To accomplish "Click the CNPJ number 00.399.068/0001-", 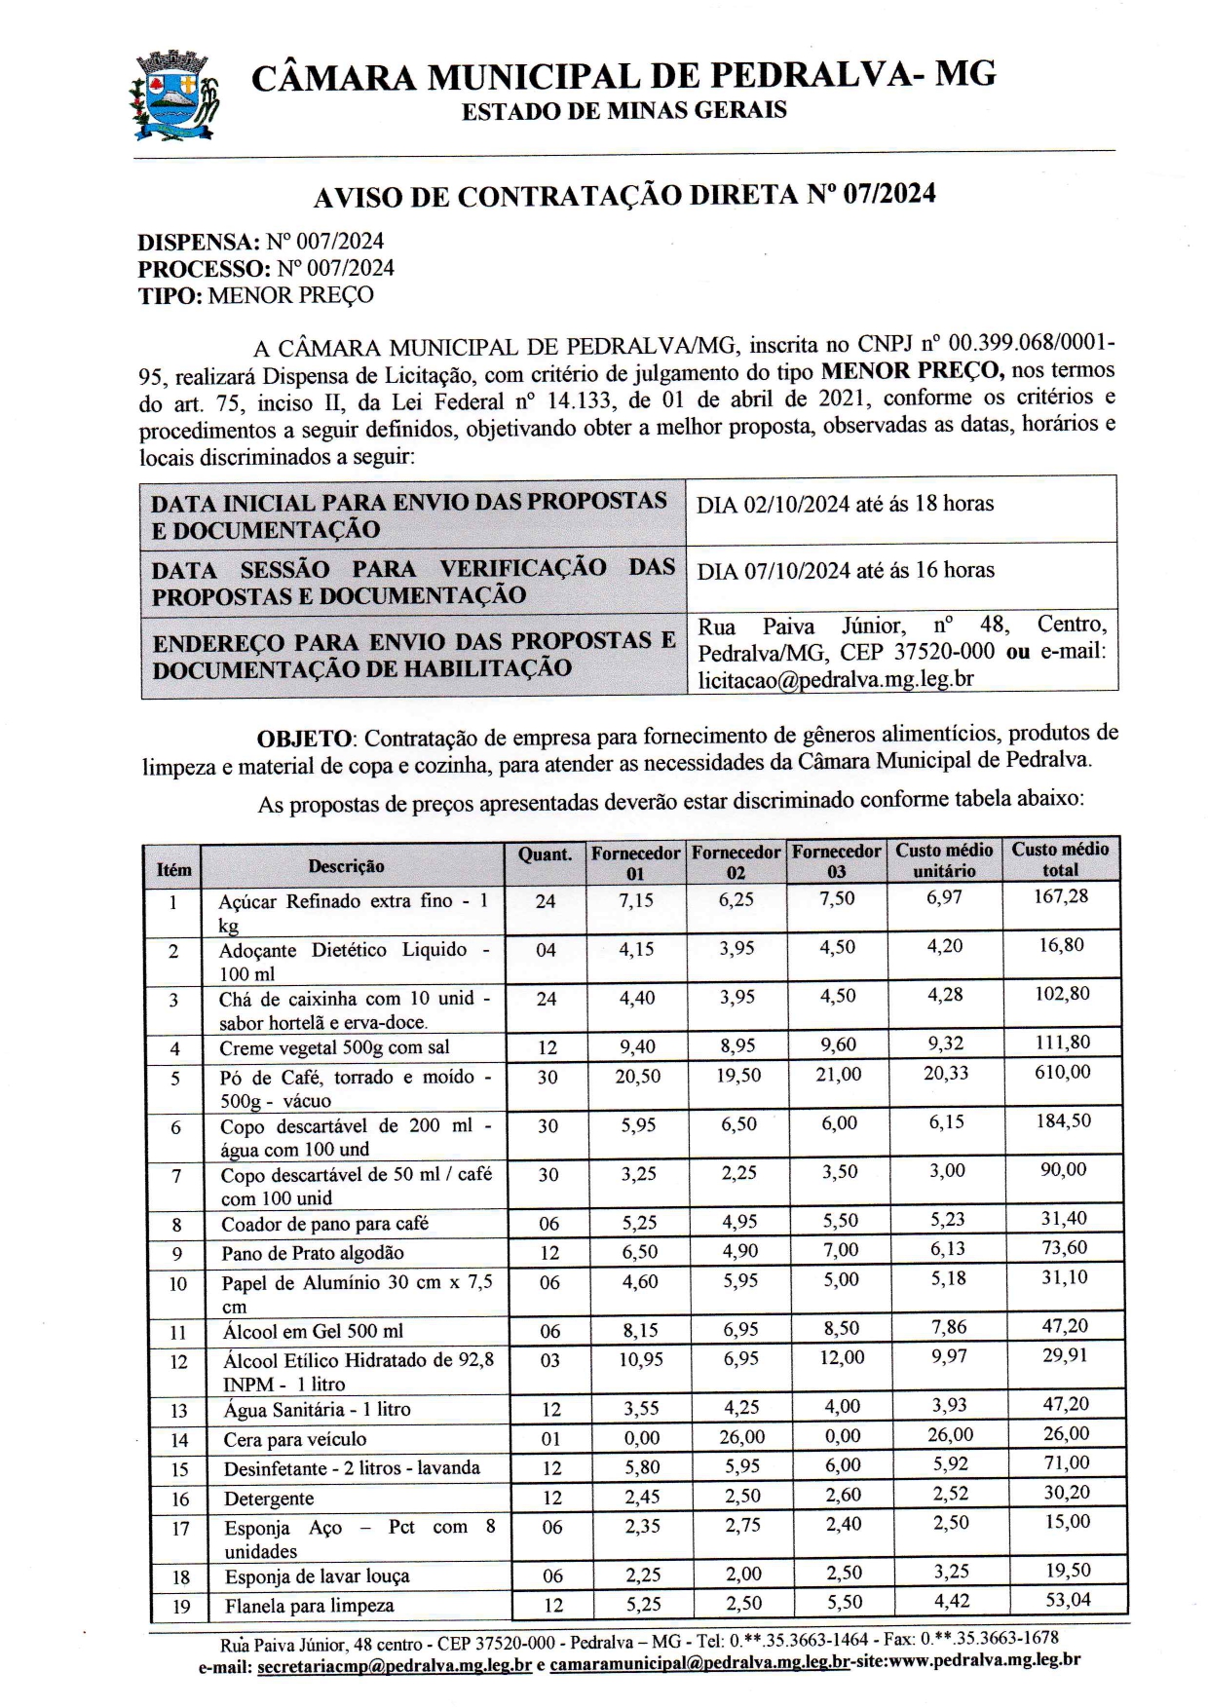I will coord(1032,345).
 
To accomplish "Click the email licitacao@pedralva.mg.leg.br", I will coord(836,679).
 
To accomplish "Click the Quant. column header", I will coord(546,854).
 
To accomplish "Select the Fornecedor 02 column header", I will coord(736,862).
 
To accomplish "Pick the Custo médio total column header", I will coord(1060,859).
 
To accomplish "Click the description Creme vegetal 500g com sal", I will coord(334,1048).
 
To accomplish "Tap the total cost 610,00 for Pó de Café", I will coord(1063,1073).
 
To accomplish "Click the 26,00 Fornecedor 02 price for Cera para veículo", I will coord(741,1437).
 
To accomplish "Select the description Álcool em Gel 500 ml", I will coord(313,1331).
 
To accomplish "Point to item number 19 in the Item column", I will coord(181,1606).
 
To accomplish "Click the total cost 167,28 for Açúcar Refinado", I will coord(1061,896).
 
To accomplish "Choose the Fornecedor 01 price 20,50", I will coord(637,1077).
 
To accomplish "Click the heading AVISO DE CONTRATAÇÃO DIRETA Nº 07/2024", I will coord(623,196).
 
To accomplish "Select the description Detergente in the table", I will coord(269,1499).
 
